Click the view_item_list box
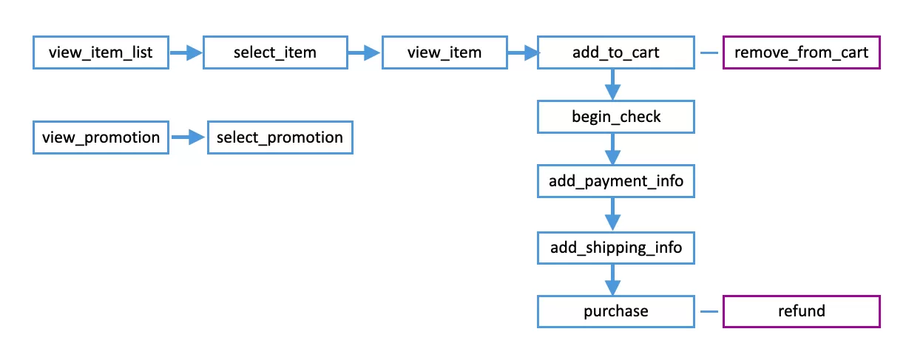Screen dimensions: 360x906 pyautogui.click(x=101, y=52)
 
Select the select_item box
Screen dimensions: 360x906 pyautogui.click(x=275, y=52)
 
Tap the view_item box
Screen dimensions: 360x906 pyautogui.click(x=444, y=52)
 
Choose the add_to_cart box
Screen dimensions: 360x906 pyautogui.click(x=615, y=52)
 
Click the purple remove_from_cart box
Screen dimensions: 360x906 pyautogui.click(x=801, y=52)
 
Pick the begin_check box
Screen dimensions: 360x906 pyautogui.click(x=615, y=117)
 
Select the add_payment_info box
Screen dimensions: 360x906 pyautogui.click(x=615, y=181)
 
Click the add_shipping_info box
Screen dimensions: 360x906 pyautogui.click(x=615, y=247)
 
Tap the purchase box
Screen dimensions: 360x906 pyautogui.click(x=615, y=311)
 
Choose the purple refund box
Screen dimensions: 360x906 pyautogui.click(x=801, y=311)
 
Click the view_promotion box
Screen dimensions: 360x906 pyautogui.click(x=101, y=137)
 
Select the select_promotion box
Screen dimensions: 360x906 pyautogui.click(x=280, y=137)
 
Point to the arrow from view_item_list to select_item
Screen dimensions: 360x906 pyautogui.click(x=186, y=52)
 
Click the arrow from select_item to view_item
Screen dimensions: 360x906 pyautogui.click(x=365, y=52)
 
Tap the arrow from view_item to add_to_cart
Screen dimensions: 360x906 pyautogui.click(x=521, y=52)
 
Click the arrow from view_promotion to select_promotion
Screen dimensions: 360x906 pyautogui.click(x=188, y=137)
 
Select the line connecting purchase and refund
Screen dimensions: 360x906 pyautogui.click(x=709, y=311)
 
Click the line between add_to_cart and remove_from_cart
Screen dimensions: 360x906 pyautogui.click(x=709, y=52)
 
